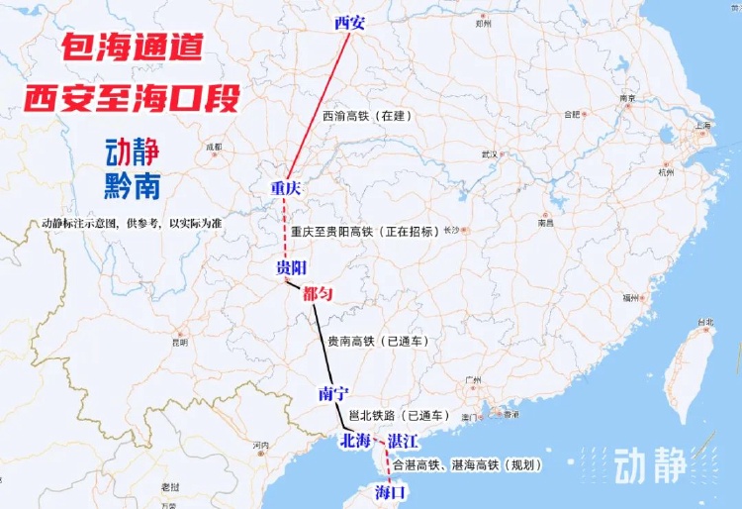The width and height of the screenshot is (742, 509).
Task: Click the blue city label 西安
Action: pos(350,22)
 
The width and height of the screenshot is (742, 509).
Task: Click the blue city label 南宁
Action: pos(335,393)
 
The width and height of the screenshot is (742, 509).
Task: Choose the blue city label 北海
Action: pos(355,441)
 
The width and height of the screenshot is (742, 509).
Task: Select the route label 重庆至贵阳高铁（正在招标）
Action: pos(366,232)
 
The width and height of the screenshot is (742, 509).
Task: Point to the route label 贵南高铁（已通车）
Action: pos(376,341)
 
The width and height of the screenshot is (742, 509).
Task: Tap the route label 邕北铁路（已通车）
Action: pos(401,415)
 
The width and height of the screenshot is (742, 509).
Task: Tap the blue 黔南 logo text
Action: pos(133,185)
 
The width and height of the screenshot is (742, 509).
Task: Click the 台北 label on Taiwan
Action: pos(705,323)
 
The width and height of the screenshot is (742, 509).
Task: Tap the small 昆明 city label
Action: pos(179,344)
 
